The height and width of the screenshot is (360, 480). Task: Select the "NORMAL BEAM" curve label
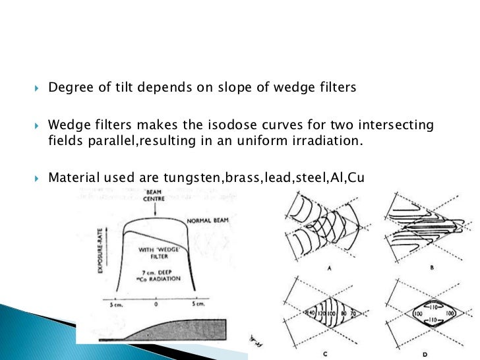pyautogui.click(x=207, y=221)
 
